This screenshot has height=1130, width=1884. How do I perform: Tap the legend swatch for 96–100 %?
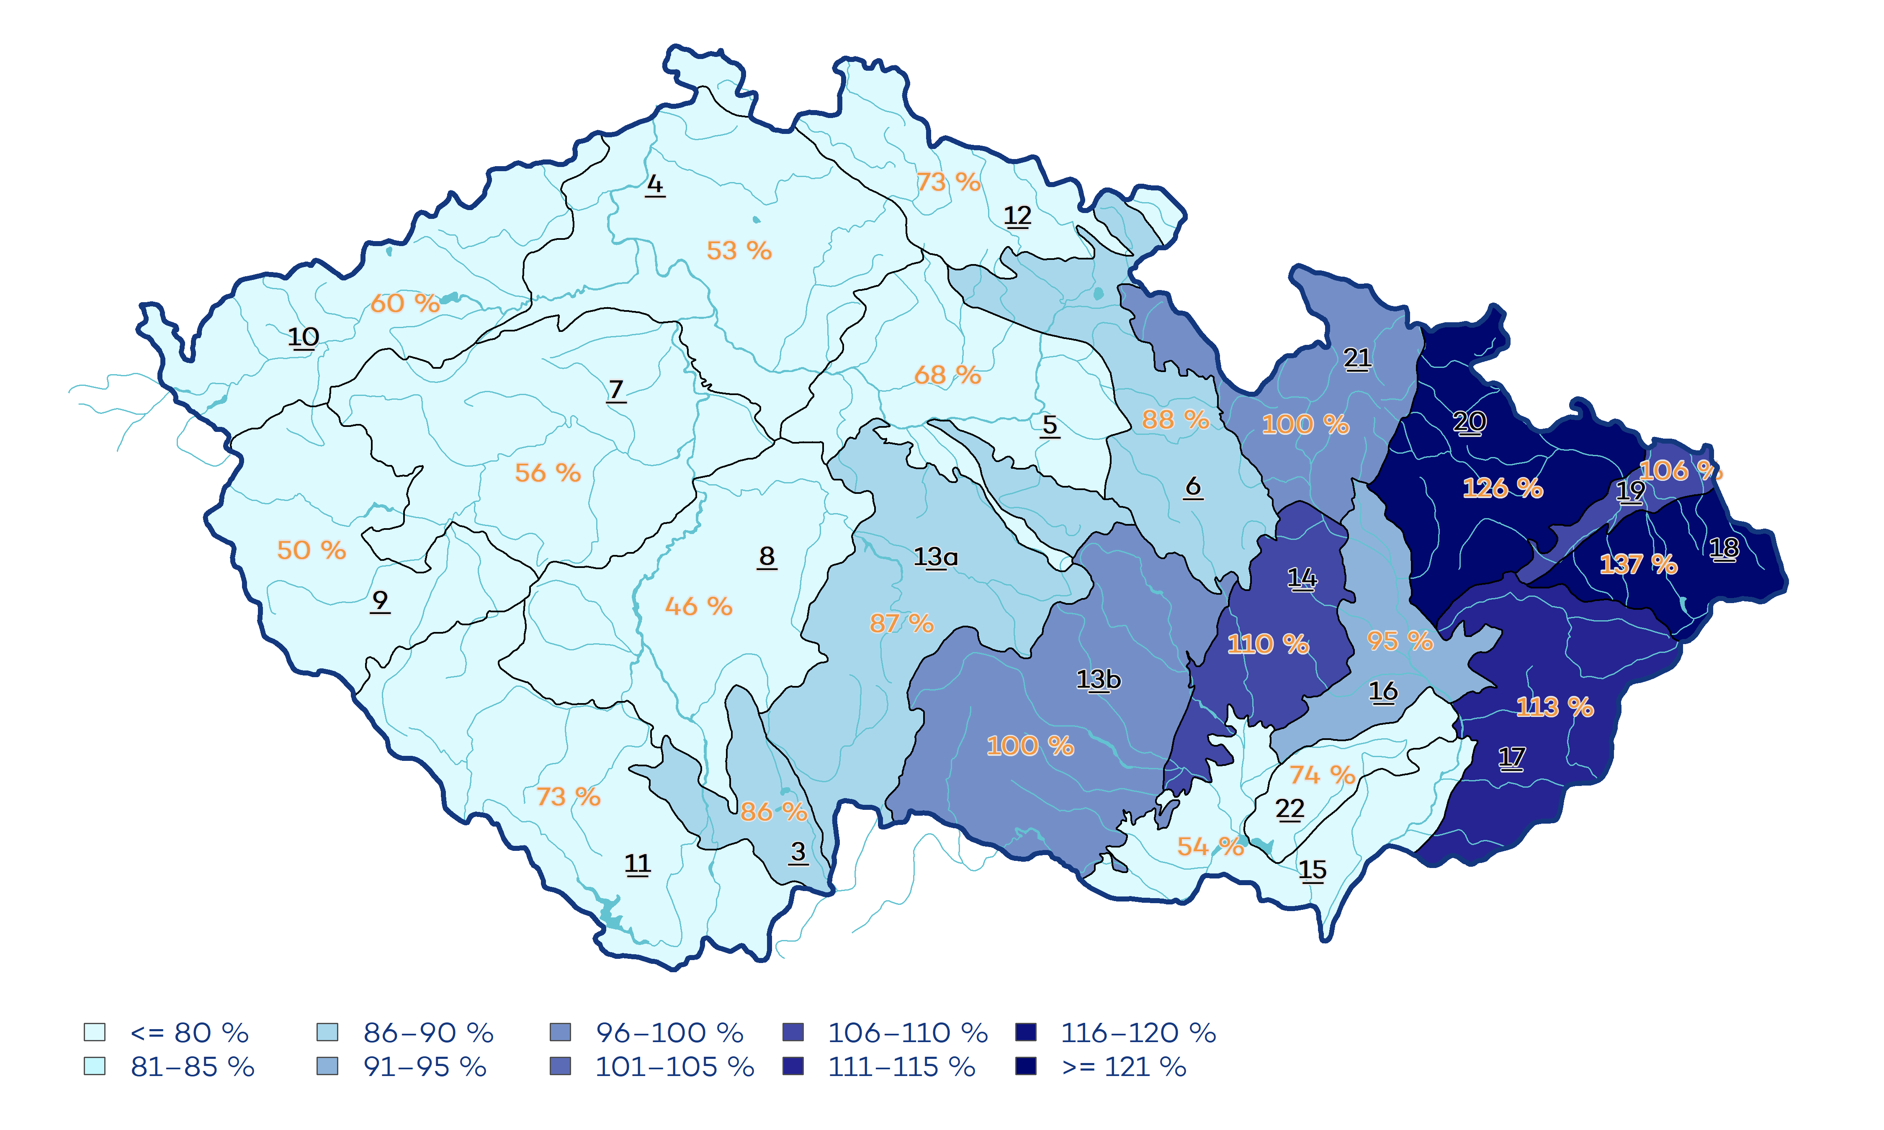click(x=560, y=1032)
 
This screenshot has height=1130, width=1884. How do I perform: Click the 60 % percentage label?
click(x=404, y=303)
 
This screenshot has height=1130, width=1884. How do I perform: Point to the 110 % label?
click(x=1268, y=644)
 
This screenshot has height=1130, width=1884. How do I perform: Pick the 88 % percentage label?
click(x=1175, y=419)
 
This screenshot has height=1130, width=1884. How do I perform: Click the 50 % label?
click(x=311, y=550)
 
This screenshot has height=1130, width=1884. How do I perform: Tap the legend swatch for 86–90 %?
click(x=327, y=1032)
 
